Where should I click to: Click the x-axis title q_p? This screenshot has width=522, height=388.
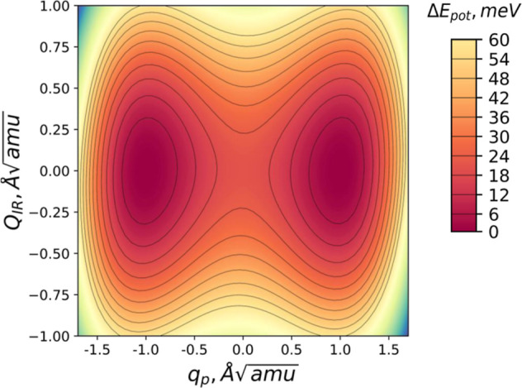click(244, 374)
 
